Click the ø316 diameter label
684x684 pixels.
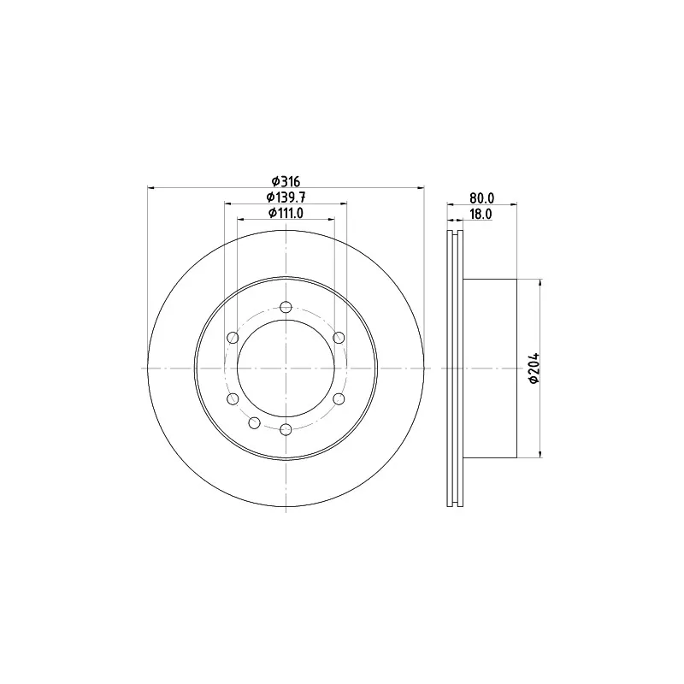(286, 180)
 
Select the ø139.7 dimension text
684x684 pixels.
(286, 198)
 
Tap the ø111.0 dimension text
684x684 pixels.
(286, 213)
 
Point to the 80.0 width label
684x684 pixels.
(481, 198)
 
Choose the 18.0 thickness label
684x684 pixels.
(480, 215)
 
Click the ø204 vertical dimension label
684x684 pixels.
(534, 369)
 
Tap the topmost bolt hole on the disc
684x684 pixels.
(286, 307)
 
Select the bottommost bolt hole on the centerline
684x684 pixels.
(286, 430)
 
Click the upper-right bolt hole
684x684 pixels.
(339, 337)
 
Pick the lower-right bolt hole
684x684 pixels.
(339, 398)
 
